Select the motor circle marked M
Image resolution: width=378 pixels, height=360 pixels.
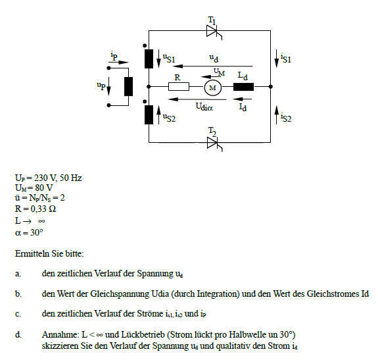(x=213, y=88)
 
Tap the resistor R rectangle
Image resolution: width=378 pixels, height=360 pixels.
(x=179, y=86)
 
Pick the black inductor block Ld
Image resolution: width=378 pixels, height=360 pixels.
(x=243, y=87)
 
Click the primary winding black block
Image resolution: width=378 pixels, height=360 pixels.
(x=128, y=87)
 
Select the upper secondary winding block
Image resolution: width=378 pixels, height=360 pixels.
(x=149, y=59)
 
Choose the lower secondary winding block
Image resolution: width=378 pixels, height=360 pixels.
(x=149, y=115)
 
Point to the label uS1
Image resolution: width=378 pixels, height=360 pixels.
(x=169, y=59)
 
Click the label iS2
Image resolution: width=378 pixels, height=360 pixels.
(x=286, y=118)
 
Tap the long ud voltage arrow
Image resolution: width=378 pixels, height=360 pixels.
(x=213, y=66)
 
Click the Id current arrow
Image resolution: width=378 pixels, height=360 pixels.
(x=243, y=99)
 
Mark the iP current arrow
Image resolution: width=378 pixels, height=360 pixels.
(x=118, y=63)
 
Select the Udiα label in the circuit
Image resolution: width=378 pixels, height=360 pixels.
(x=204, y=107)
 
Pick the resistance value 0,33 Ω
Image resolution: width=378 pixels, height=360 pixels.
(x=43, y=209)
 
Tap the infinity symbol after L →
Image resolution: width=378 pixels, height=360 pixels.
(x=41, y=221)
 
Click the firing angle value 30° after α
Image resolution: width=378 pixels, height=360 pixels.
(x=37, y=232)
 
